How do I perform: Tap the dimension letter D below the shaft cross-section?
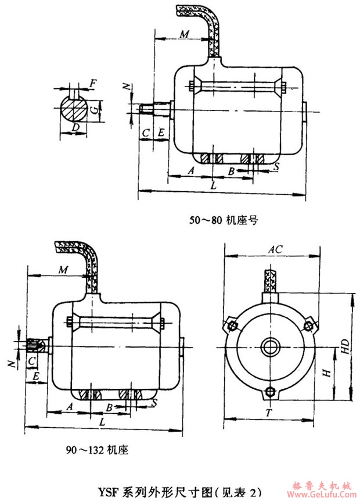pos(74,127)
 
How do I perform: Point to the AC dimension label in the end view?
pos(275,249)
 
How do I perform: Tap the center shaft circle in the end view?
pos(270,348)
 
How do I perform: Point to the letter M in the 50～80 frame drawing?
pos(183,34)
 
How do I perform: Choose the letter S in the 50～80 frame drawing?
pos(276,167)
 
